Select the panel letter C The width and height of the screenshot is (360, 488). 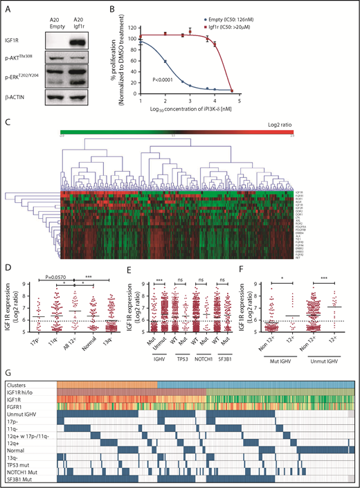(7, 121)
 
